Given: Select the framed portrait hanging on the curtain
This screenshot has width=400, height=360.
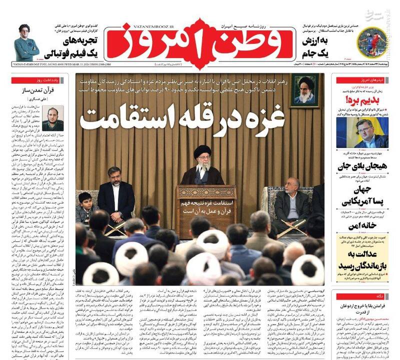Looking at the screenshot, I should tap(304, 90).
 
